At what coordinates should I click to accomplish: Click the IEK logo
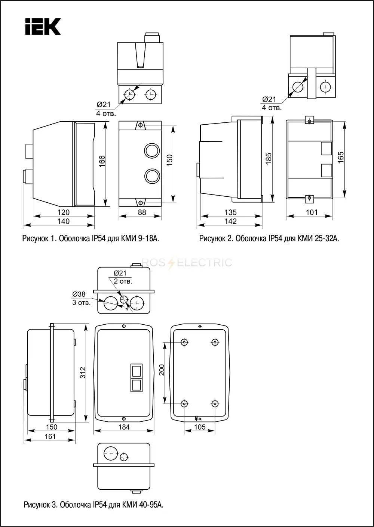[x=43, y=26]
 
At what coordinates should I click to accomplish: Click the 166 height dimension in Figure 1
[x=102, y=161]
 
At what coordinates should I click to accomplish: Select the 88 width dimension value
[x=142, y=212]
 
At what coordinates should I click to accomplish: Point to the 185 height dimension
[x=269, y=159]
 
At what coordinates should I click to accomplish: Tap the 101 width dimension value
[x=312, y=212]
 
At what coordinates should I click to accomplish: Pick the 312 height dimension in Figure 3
[x=83, y=372]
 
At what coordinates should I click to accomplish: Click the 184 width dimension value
[x=124, y=427]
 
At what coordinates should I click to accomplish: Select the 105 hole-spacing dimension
[x=200, y=427]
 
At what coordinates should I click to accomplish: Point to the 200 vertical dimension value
[x=162, y=370]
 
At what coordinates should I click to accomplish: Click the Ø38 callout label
[x=79, y=294]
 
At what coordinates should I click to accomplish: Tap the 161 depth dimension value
[x=50, y=436]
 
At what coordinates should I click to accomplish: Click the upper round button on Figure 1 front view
[x=152, y=151]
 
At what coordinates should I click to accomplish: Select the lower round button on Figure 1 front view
[x=152, y=176]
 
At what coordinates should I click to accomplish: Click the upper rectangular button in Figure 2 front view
[x=327, y=148]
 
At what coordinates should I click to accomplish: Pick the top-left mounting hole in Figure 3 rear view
[x=184, y=342]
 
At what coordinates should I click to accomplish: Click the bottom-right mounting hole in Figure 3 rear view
[x=215, y=404]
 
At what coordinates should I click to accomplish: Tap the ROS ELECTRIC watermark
[x=187, y=262]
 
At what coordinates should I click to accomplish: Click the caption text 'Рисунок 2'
[x=216, y=238]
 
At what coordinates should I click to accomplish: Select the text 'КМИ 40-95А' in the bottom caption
[x=142, y=505]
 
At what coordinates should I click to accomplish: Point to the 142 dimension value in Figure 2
[x=230, y=221]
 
